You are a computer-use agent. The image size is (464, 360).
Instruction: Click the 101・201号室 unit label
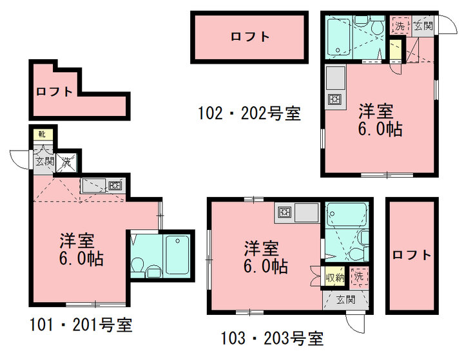pyautogui.click(x=81, y=325)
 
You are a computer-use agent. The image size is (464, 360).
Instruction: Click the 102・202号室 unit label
pyautogui.click(x=249, y=113)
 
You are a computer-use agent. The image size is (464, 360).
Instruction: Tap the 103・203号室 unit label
pyautogui.click(x=273, y=338)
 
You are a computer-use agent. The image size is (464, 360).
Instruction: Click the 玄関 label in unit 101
pyautogui.click(x=44, y=162)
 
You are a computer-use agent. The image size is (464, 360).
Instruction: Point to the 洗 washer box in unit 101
pyautogui.click(x=67, y=162)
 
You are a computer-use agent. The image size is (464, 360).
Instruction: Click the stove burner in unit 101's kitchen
pyautogui.click(x=115, y=185)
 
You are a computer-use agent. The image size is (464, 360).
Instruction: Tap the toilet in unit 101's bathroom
pyautogui.click(x=137, y=266)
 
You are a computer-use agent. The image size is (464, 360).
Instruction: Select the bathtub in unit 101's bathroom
pyautogui.click(x=177, y=254)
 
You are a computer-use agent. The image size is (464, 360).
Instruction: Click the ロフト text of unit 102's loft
pyautogui.click(x=250, y=37)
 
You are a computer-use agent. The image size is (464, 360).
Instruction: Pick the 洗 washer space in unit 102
pyautogui.click(x=400, y=26)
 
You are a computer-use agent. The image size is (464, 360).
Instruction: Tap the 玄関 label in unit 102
pyautogui.click(x=423, y=26)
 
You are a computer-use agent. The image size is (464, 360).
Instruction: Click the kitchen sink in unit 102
pyautogui.click(x=336, y=77)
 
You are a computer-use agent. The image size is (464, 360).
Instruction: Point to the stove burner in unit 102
pyautogui.click(x=335, y=99)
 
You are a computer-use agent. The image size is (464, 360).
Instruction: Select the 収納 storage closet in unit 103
pyautogui.click(x=335, y=278)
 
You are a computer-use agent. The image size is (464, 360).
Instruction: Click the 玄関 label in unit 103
pyautogui.click(x=345, y=299)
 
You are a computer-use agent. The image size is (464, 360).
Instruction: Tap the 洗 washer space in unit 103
pyautogui.click(x=359, y=277)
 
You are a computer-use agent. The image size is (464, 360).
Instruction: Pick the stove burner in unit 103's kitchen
pyautogui.click(x=285, y=212)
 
